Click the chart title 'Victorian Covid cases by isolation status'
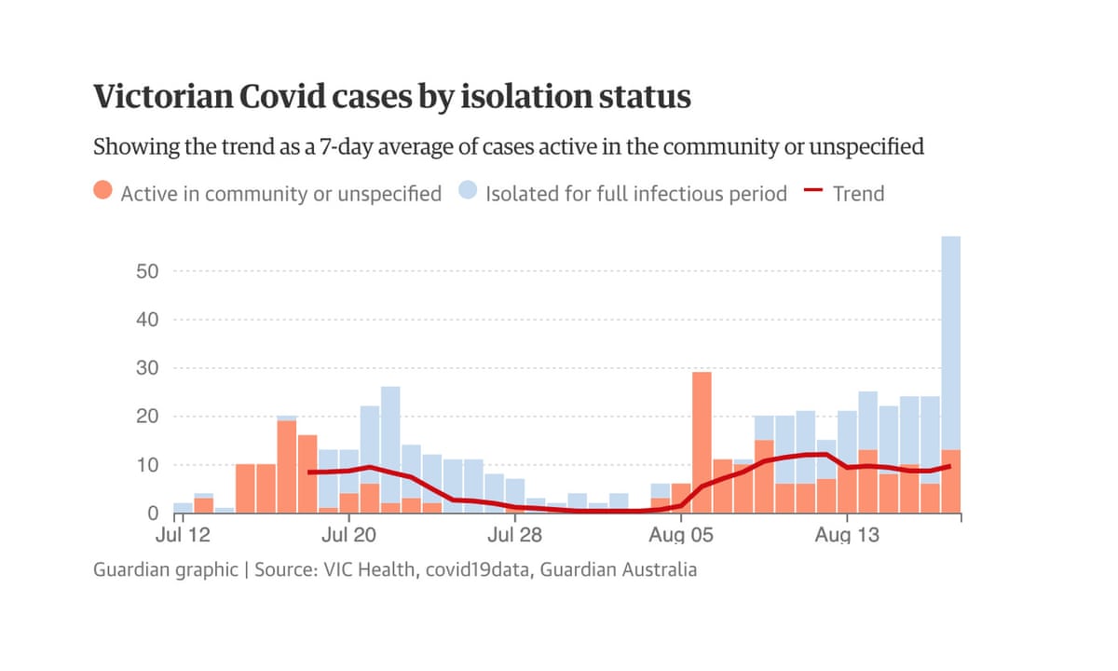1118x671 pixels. click(391, 97)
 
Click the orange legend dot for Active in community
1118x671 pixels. click(103, 192)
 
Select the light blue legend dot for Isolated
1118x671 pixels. click(468, 192)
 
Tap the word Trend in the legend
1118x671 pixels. click(858, 194)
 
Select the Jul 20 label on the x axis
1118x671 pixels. click(348, 536)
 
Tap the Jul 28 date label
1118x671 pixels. click(514, 536)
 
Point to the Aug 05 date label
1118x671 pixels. click(680, 536)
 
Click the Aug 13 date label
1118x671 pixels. click(846, 536)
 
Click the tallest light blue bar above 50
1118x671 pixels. click(950, 335)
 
